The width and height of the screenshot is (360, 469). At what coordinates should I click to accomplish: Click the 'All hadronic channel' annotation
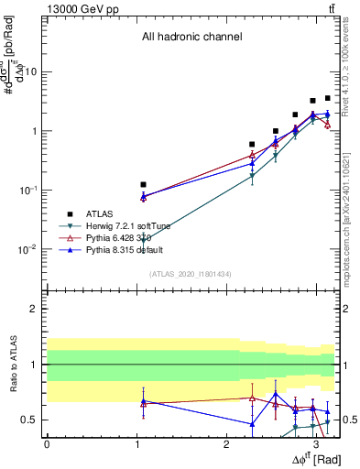(191, 38)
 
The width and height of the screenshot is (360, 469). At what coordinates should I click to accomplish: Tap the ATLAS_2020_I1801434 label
(191, 274)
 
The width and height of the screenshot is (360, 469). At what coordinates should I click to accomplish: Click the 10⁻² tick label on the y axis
(28, 248)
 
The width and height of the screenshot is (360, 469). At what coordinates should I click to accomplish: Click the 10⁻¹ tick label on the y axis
(28, 189)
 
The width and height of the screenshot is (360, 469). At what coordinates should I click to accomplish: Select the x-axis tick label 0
(47, 442)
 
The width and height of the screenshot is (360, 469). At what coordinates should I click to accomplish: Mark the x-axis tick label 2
(226, 442)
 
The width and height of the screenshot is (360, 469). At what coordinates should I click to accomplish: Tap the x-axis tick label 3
(316, 442)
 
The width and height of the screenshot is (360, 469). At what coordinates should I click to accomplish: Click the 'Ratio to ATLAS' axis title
(13, 364)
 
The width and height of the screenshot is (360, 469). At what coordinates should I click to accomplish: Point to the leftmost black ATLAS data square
(143, 184)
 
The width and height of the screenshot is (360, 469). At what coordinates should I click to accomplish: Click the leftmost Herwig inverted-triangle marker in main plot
(143, 240)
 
